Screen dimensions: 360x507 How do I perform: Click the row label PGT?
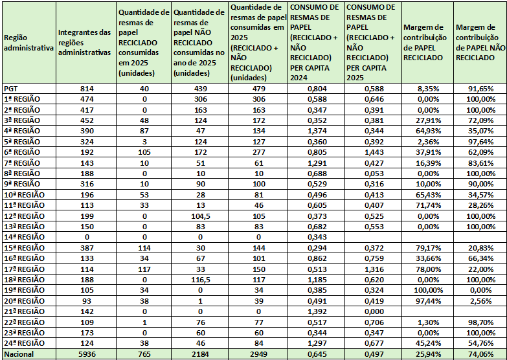click(x=11, y=89)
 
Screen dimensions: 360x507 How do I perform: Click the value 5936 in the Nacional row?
click(x=85, y=354)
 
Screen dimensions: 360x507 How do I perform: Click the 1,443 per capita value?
click(x=373, y=152)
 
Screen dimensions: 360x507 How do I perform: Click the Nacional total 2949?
click(x=257, y=354)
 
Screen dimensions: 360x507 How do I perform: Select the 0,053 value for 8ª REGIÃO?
click(x=373, y=174)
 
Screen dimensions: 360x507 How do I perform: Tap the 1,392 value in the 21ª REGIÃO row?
click(x=315, y=311)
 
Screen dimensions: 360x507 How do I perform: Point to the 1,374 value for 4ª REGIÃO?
click(x=315, y=131)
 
